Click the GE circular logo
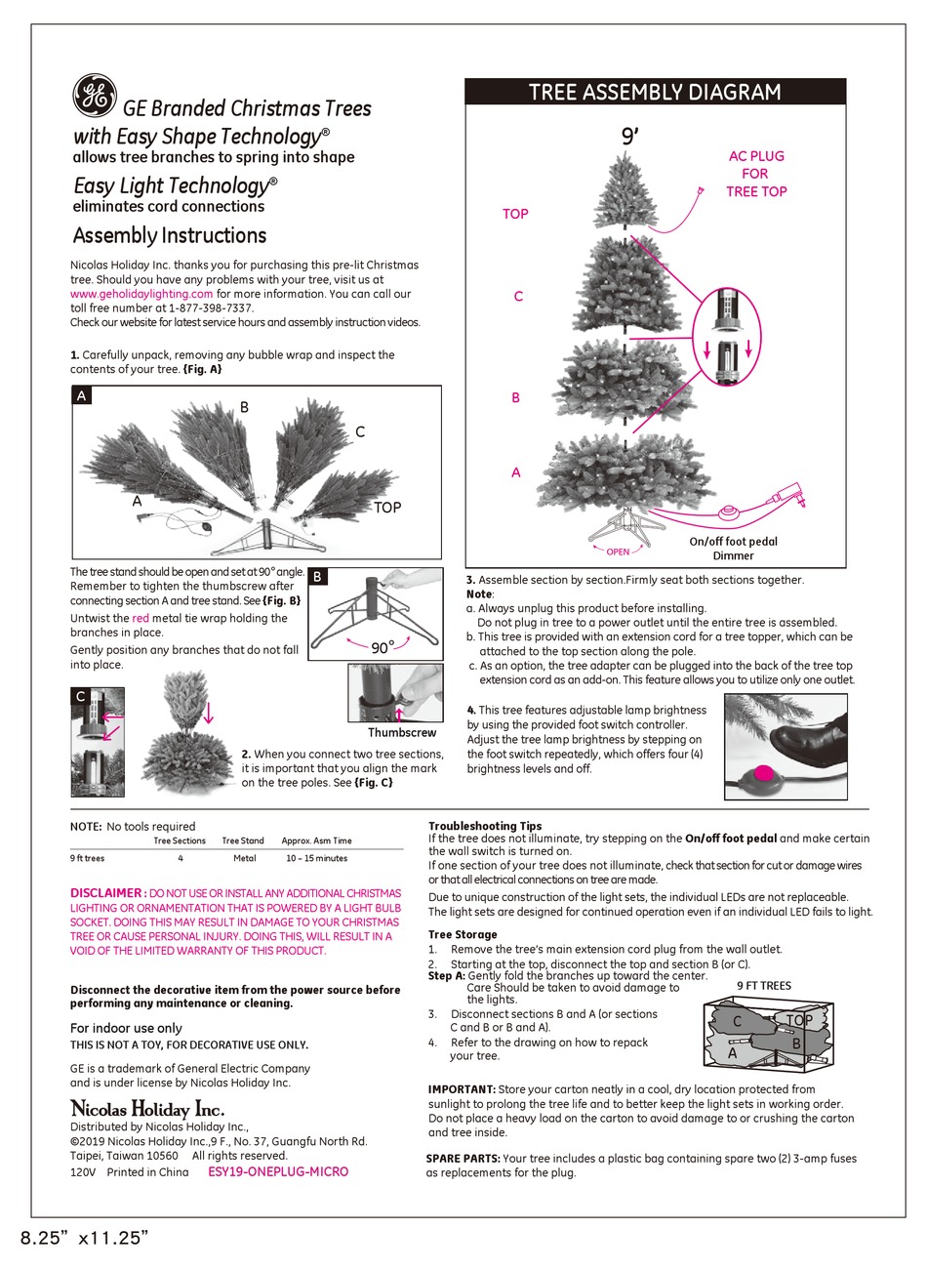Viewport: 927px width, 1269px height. click(x=94, y=95)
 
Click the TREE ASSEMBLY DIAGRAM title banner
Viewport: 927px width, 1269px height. click(x=655, y=93)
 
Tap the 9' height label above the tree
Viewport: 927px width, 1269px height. click(x=630, y=137)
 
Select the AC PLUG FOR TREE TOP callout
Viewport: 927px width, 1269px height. click(x=756, y=174)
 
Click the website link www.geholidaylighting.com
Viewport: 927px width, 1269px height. click(x=141, y=294)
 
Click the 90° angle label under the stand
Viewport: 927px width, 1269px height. click(x=382, y=646)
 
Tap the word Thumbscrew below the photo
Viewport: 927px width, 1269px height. click(x=402, y=732)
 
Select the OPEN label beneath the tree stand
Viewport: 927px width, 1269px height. click(x=617, y=553)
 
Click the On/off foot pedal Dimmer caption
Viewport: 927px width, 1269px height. click(x=733, y=549)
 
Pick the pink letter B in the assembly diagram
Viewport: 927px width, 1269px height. click(x=515, y=398)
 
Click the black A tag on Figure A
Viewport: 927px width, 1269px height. click(x=83, y=396)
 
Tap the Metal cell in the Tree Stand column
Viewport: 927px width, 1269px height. click(x=244, y=858)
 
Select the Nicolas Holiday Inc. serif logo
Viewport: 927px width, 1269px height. click(x=147, y=1109)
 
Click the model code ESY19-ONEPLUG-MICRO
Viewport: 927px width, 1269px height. click(x=278, y=1171)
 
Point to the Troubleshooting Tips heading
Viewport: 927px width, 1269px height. click(x=485, y=826)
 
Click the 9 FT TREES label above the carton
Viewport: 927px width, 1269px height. click(x=764, y=986)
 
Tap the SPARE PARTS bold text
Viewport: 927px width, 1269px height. click(x=463, y=1159)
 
